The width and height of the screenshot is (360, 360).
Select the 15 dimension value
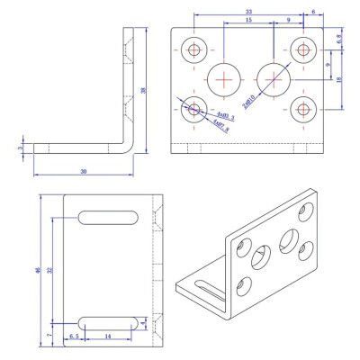coord(247,21)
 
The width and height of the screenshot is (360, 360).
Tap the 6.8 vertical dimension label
coord(339,40)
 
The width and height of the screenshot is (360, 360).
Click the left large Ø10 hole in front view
coord(223,78)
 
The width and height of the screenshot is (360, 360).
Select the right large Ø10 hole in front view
coord(271,78)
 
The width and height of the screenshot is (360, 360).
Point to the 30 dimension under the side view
coord(83,170)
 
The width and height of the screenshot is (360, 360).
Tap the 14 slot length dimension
coord(108,336)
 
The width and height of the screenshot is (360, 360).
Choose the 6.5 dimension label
coord(76,336)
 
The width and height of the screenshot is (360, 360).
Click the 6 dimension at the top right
coord(313,12)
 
